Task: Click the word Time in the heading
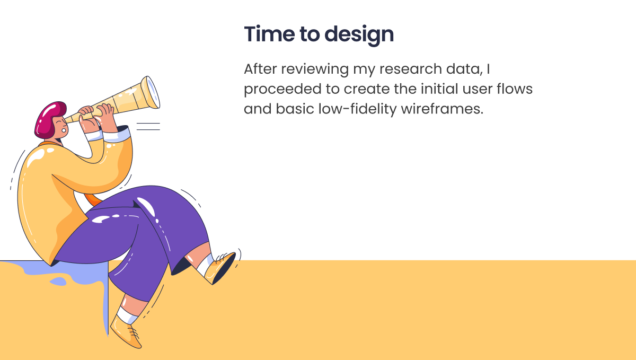269,34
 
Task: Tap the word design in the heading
359,35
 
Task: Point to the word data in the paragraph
464,69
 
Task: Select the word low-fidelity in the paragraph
357,109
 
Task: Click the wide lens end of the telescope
151,92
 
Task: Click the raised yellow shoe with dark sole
220,268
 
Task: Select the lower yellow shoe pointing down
125,332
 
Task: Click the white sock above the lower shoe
127,316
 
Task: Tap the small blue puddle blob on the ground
58,282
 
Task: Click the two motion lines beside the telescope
148,126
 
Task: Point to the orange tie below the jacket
93,199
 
